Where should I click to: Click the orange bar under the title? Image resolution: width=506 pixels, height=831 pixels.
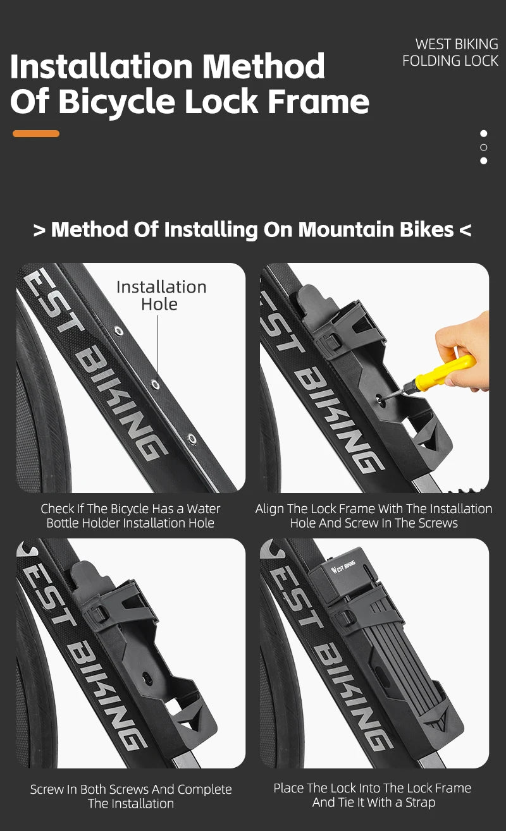(x=36, y=133)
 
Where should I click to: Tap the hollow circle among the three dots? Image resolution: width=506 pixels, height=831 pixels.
(x=483, y=147)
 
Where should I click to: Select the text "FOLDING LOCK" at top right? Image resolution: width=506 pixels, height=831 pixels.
(x=450, y=61)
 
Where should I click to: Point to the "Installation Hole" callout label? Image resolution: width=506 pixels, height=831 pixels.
(x=161, y=296)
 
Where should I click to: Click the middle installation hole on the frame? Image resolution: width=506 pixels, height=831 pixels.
(x=155, y=384)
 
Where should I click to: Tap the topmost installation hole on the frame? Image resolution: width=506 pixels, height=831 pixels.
(x=118, y=331)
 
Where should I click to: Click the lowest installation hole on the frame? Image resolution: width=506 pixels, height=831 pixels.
(x=192, y=439)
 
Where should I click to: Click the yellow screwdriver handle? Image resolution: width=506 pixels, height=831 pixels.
(x=445, y=372)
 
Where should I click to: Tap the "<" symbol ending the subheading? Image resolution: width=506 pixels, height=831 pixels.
(x=466, y=230)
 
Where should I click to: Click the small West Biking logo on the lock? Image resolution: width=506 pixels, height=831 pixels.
(x=343, y=567)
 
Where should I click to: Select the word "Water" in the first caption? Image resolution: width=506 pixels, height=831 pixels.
(x=204, y=509)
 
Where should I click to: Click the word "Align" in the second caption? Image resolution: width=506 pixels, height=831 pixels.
(x=268, y=509)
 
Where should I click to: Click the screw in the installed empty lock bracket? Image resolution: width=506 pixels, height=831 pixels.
(x=147, y=679)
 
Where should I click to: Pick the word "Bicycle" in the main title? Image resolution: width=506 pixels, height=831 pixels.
(x=116, y=102)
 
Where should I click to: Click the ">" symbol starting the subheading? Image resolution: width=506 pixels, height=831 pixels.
(x=39, y=230)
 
